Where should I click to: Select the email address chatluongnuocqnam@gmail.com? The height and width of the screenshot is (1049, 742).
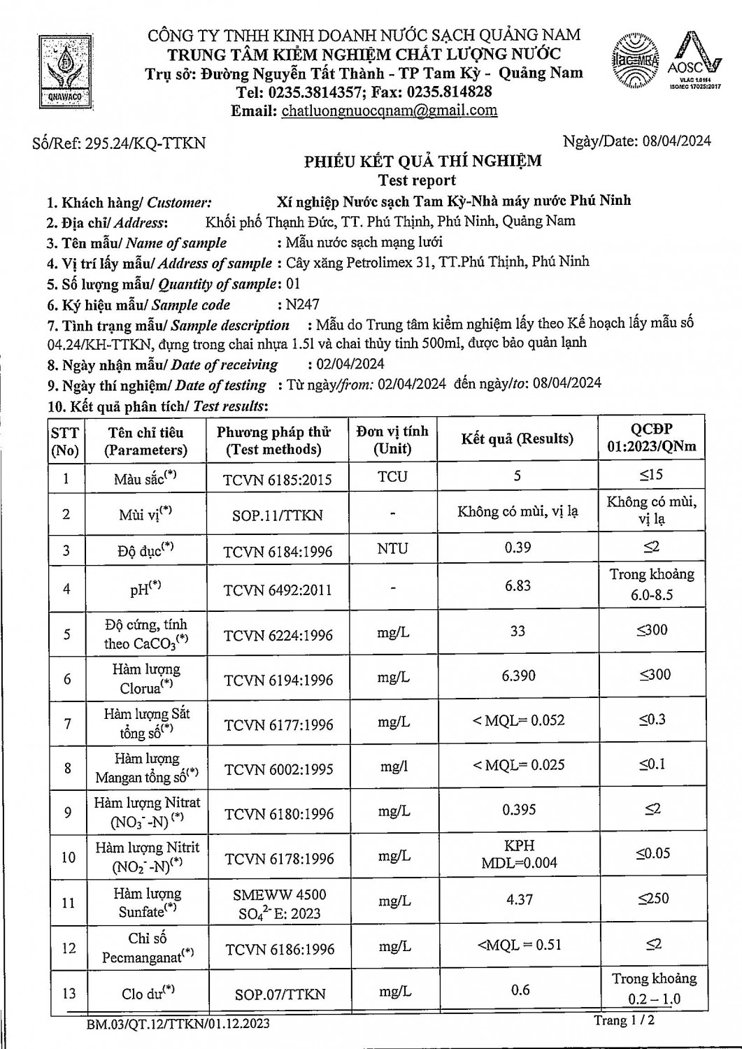click(x=389, y=110)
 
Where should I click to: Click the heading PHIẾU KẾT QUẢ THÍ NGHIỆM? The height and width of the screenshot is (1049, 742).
click(x=422, y=162)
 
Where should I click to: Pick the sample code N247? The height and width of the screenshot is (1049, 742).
click(x=303, y=305)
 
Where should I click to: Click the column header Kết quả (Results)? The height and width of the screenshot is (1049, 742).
click(x=517, y=439)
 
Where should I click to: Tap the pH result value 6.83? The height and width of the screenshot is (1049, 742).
click(x=518, y=586)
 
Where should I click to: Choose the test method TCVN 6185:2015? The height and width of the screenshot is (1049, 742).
click(x=277, y=480)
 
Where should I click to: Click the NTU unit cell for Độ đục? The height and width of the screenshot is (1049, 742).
click(x=392, y=549)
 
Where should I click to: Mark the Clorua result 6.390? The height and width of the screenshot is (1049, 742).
click(x=518, y=676)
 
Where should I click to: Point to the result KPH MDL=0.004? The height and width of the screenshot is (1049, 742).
click(x=519, y=854)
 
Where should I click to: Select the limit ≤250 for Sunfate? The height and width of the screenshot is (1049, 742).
click(x=653, y=899)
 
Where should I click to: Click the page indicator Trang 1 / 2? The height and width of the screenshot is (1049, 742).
click(x=625, y=1021)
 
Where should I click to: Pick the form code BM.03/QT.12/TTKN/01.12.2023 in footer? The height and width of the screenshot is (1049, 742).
click(x=178, y=1025)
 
